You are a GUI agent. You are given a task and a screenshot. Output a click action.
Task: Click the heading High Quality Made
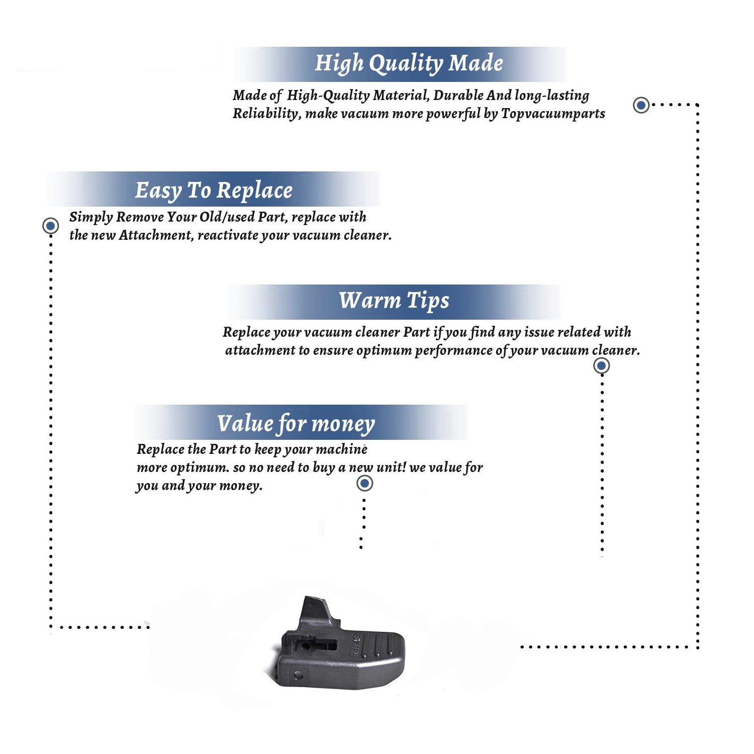(x=409, y=64)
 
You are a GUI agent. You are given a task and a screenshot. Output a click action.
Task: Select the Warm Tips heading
(x=394, y=301)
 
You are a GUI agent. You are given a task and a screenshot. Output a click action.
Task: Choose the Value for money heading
(x=296, y=424)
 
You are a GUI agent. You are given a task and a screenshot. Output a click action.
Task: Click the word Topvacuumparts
(x=553, y=114)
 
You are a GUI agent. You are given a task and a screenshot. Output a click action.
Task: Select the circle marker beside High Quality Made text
(x=641, y=105)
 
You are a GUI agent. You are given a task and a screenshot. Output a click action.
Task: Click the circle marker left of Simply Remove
(x=50, y=226)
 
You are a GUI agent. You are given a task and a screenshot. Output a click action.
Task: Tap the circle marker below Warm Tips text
(x=602, y=365)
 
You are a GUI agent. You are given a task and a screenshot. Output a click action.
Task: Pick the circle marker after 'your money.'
(x=364, y=484)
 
